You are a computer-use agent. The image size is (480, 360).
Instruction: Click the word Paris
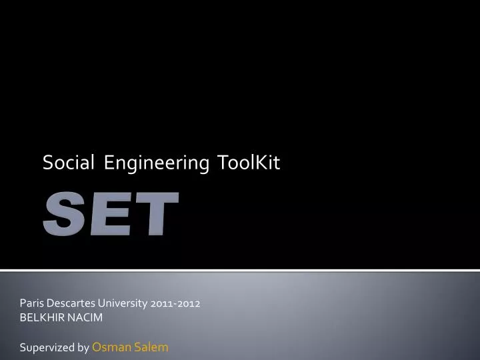[x=31, y=303]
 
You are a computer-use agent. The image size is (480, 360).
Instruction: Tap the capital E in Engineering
[x=109, y=163]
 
